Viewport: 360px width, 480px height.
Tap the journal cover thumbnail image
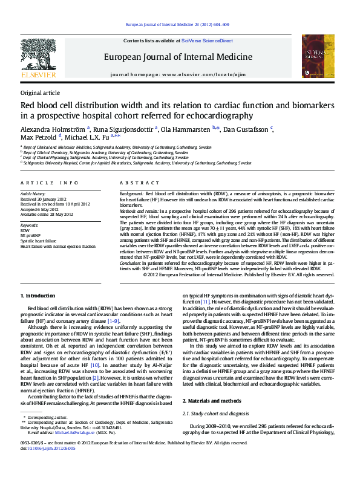[318, 56]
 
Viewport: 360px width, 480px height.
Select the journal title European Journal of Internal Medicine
[178, 57]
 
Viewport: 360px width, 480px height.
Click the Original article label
[40, 92]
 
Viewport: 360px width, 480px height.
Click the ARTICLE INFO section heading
[49, 183]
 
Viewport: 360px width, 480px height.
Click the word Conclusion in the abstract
[131, 263]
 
